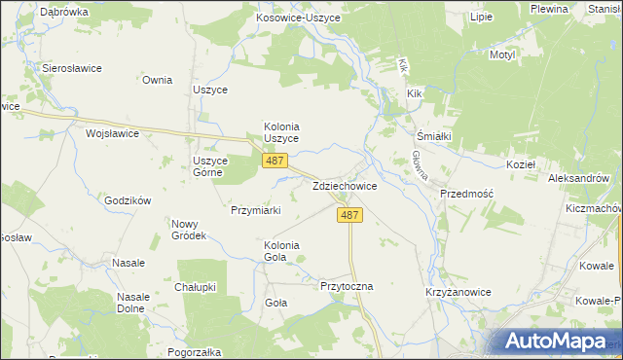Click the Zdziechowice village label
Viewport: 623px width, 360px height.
pyautogui.click(x=345, y=186)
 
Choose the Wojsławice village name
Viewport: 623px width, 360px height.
pyautogui.click(x=113, y=133)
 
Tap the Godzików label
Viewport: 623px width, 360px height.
pyautogui.click(x=128, y=200)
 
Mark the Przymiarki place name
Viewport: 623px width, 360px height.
pyautogui.click(x=255, y=210)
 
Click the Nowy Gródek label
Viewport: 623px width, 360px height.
pyautogui.click(x=189, y=230)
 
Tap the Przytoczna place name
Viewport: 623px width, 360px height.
pyautogui.click(x=347, y=287)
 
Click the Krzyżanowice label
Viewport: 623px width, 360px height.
pyautogui.click(x=457, y=292)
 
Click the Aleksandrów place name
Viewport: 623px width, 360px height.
pyautogui.click(x=578, y=179)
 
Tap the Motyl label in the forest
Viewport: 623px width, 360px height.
pyautogui.click(x=502, y=55)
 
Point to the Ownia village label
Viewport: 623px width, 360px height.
pyautogui.click(x=157, y=81)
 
